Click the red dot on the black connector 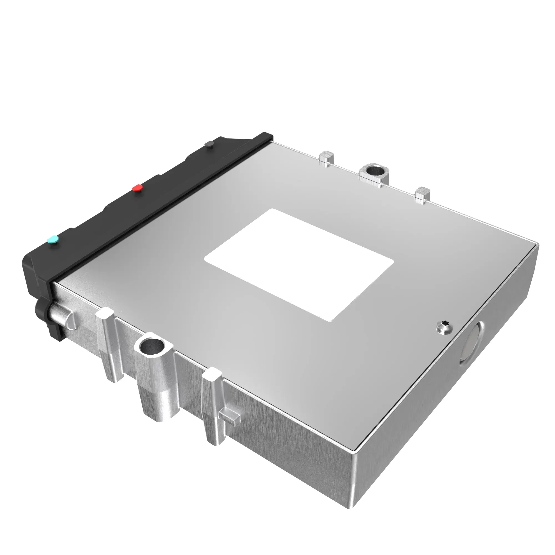(x=137, y=188)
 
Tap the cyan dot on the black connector (x=53, y=239)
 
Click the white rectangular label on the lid (x=299, y=264)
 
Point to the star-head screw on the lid (x=444, y=327)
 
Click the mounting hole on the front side (x=151, y=345)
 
